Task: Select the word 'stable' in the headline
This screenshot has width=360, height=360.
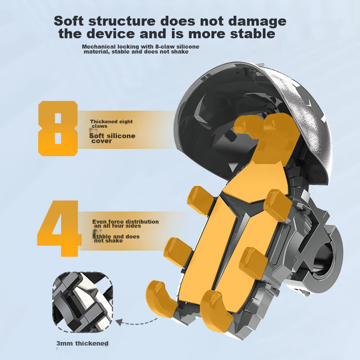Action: point(252,34)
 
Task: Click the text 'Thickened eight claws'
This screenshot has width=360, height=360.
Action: point(111,124)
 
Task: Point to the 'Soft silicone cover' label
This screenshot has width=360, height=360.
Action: point(112,138)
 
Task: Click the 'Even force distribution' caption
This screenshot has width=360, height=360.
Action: point(126,224)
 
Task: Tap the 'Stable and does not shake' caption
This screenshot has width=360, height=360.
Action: point(116,238)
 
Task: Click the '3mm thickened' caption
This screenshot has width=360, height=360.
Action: point(82,343)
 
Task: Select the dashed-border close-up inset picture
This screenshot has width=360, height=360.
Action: point(83,302)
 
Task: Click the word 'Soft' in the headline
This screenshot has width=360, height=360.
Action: point(69,21)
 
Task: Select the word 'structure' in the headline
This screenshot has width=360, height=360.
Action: point(122,21)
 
